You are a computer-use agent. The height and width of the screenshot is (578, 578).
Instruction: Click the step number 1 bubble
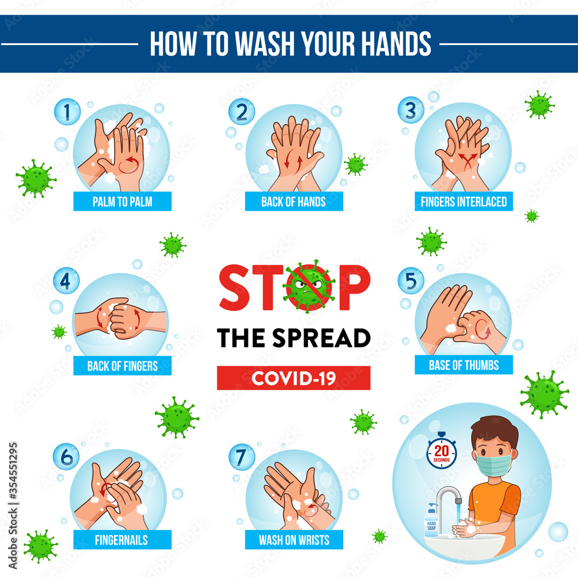click(66, 112)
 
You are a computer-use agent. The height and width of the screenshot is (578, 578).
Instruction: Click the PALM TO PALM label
click(123, 202)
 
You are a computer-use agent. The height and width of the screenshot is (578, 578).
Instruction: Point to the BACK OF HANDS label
click(294, 202)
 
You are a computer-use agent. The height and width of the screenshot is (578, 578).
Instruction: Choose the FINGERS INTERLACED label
click(464, 202)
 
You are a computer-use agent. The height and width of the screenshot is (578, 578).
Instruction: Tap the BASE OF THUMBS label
click(464, 365)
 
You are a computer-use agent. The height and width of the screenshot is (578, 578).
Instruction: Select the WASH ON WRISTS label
click(294, 540)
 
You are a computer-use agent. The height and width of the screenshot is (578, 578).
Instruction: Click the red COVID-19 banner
click(294, 378)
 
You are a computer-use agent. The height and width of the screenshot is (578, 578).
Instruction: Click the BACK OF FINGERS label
click(123, 365)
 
